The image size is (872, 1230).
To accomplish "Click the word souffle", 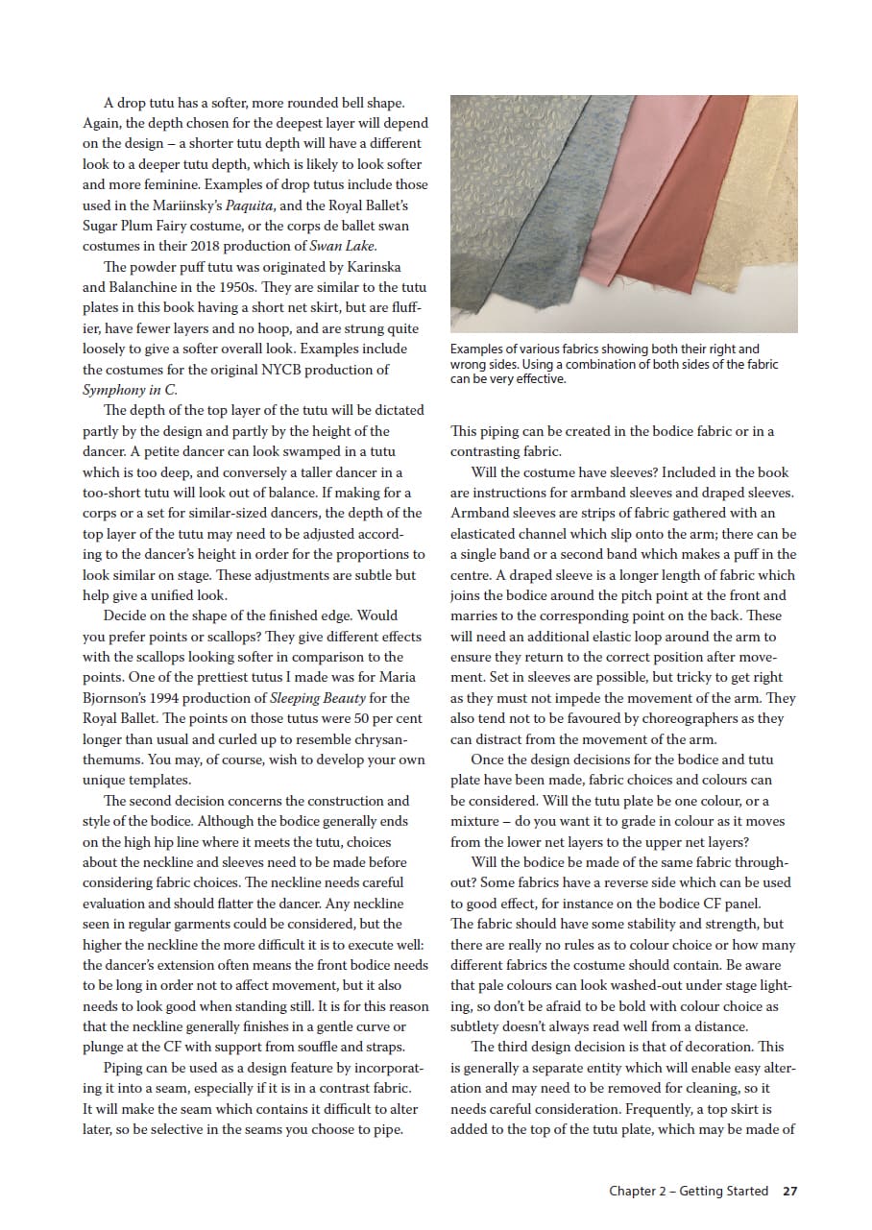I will coord(289,1047).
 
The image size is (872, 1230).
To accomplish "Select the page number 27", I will coord(789,1191).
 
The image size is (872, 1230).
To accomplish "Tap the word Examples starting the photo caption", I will coord(480,350).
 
